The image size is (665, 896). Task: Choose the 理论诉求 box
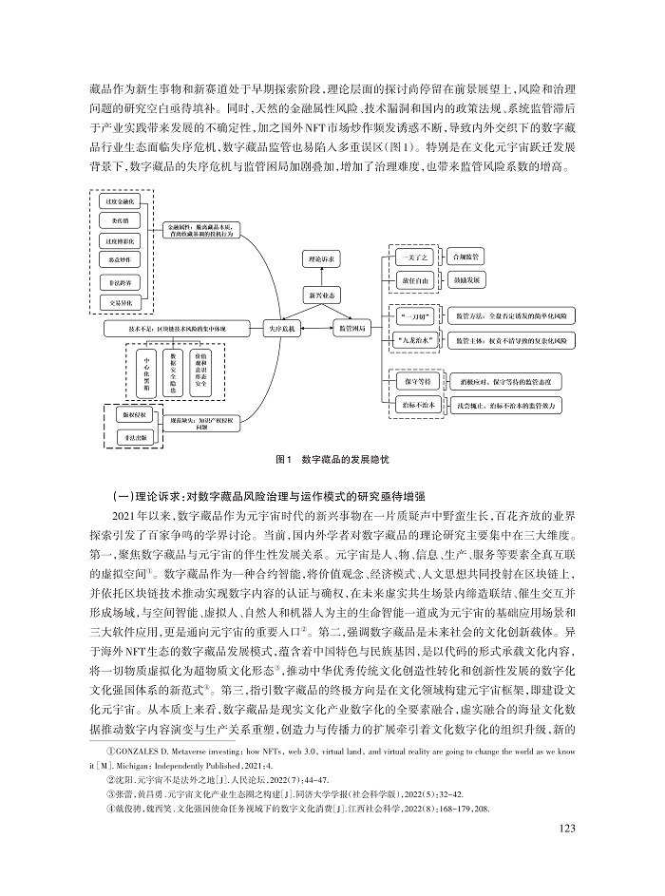[x=319, y=258]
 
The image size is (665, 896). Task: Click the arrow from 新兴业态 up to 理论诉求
[x=319, y=276]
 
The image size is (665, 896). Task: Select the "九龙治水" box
[x=413, y=338]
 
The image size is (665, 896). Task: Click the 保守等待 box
[x=412, y=380]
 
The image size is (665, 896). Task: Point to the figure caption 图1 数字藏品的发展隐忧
[x=332, y=460]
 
